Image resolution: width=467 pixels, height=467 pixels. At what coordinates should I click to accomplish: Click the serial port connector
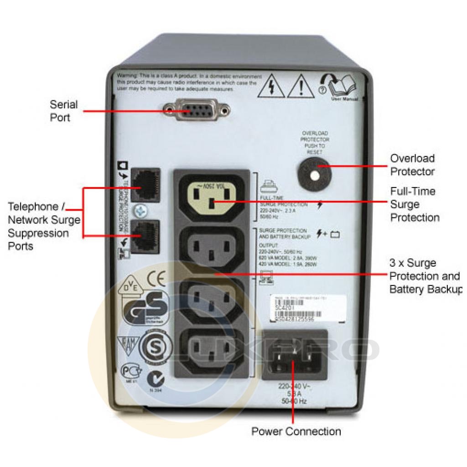point(197,110)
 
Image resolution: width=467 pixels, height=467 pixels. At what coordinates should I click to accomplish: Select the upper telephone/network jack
point(145,185)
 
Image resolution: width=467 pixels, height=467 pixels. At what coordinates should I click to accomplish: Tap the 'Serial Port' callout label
point(64,111)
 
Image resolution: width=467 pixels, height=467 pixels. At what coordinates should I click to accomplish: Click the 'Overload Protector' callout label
point(412,165)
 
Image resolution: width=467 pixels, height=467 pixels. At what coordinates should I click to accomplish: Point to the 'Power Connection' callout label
point(296,431)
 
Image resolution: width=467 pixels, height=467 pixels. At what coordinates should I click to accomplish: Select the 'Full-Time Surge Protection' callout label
point(414,204)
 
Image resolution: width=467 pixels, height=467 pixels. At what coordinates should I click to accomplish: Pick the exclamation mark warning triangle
point(299,87)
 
